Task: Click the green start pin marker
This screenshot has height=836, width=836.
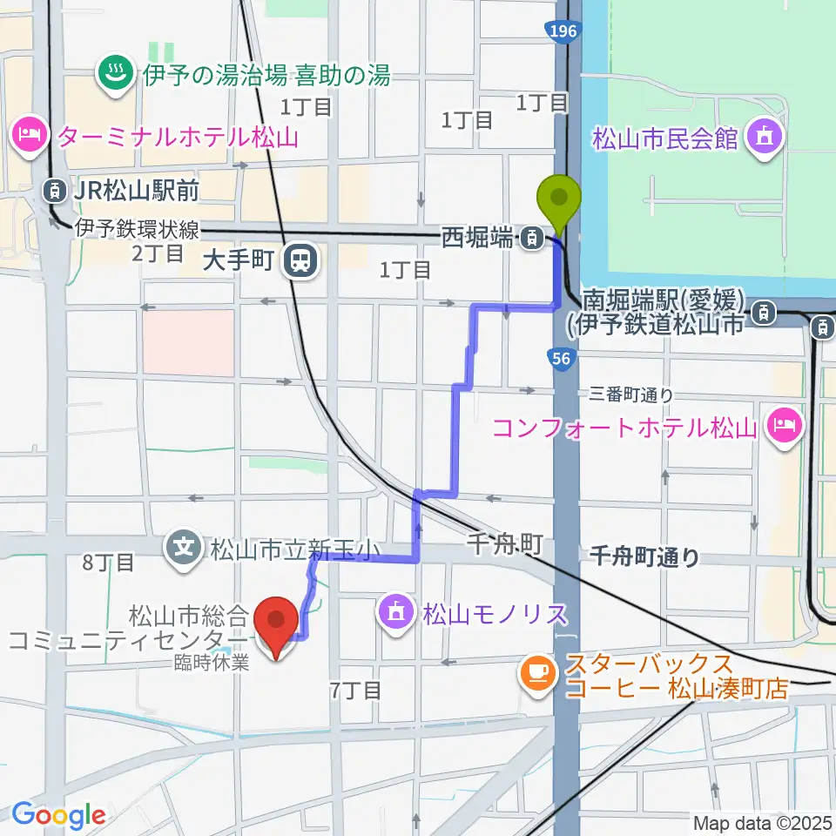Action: pyautogui.click(x=560, y=199)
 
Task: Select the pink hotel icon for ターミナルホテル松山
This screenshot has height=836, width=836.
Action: pyautogui.click(x=29, y=136)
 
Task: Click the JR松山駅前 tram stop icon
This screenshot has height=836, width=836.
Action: pyautogui.click(x=56, y=187)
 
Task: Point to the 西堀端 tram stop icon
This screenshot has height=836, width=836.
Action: pyautogui.click(x=529, y=237)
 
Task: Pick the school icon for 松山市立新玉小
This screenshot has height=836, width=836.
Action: pyautogui.click(x=185, y=548)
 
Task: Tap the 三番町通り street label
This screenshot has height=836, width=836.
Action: pyautogui.click(x=632, y=395)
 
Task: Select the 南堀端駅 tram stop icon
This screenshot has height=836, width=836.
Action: pyautogui.click(x=765, y=310)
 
